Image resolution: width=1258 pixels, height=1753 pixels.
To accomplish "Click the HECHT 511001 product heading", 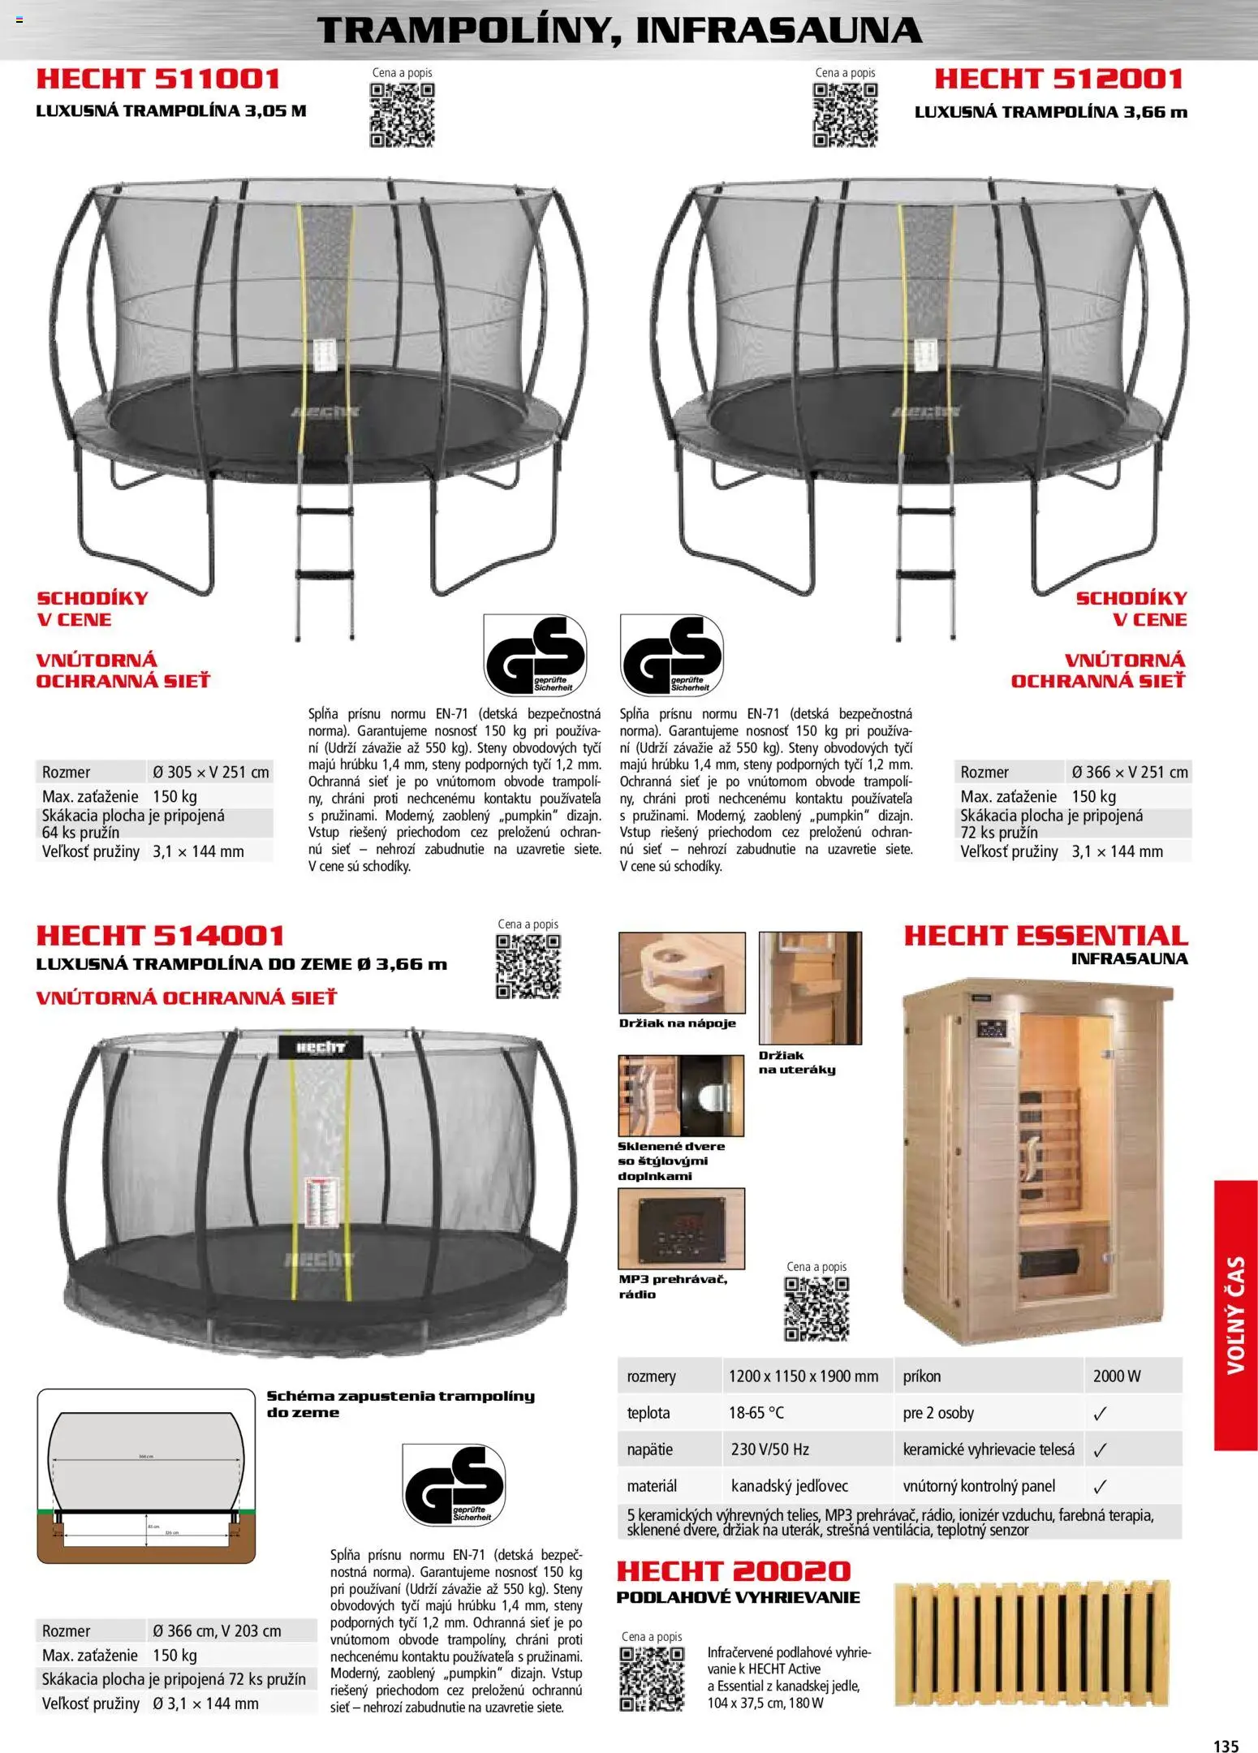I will tap(158, 79).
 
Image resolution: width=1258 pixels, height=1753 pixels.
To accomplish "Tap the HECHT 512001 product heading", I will tap(1058, 79).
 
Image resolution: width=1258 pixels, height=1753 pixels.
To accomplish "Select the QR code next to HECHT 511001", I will tap(402, 115).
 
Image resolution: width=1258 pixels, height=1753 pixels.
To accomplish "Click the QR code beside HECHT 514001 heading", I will tap(528, 966).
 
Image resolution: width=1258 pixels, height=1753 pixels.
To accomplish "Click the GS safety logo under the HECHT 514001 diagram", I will tap(454, 1484).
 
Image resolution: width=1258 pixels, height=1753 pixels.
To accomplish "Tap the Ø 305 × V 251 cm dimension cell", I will tap(211, 772).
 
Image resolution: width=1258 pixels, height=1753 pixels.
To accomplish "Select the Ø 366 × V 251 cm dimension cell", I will tap(1129, 772).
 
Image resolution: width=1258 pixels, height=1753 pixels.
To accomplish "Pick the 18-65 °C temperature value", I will tap(756, 1413).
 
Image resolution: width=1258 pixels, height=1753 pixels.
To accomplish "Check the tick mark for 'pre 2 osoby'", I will tap(1100, 1414).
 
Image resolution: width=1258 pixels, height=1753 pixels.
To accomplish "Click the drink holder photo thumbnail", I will tap(682, 972).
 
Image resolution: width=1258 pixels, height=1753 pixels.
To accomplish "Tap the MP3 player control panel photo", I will tap(681, 1229).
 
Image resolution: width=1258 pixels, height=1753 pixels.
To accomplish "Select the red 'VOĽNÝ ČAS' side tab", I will tap(1235, 1315).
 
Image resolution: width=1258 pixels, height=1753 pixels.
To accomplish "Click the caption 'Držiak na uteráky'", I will tap(796, 1062).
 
